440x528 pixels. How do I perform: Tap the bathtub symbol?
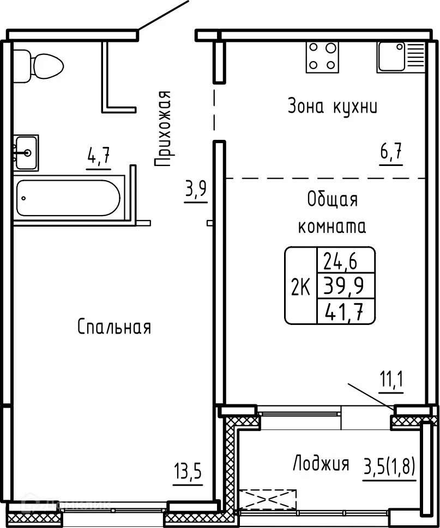pyautogui.click(x=69, y=198)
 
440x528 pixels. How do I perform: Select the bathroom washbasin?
pyautogui.click(x=26, y=153)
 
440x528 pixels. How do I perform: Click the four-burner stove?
pyautogui.click(x=322, y=57)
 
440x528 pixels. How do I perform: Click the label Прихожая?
pyautogui.click(x=163, y=128)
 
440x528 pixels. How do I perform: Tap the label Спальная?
pyautogui.click(x=114, y=327)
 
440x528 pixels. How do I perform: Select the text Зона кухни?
pyautogui.click(x=333, y=106)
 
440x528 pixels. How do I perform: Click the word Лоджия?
pyautogui.click(x=321, y=463)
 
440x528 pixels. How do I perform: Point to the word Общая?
pyautogui.click(x=333, y=199)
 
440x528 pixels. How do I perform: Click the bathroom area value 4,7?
pyautogui.click(x=99, y=156)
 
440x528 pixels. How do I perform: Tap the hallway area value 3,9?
pyautogui.click(x=196, y=189)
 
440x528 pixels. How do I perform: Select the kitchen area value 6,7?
pyautogui.click(x=391, y=152)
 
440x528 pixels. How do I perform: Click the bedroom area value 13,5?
pyautogui.click(x=188, y=471)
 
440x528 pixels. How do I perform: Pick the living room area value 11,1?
pyautogui.click(x=392, y=379)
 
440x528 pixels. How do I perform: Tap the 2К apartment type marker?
pyautogui.click(x=301, y=288)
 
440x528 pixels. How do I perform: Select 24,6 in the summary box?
pyautogui.click(x=341, y=261)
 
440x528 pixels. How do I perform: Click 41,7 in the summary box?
pyautogui.click(x=344, y=312)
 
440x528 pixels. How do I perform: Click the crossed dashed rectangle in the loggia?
pyautogui.click(x=268, y=500)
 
